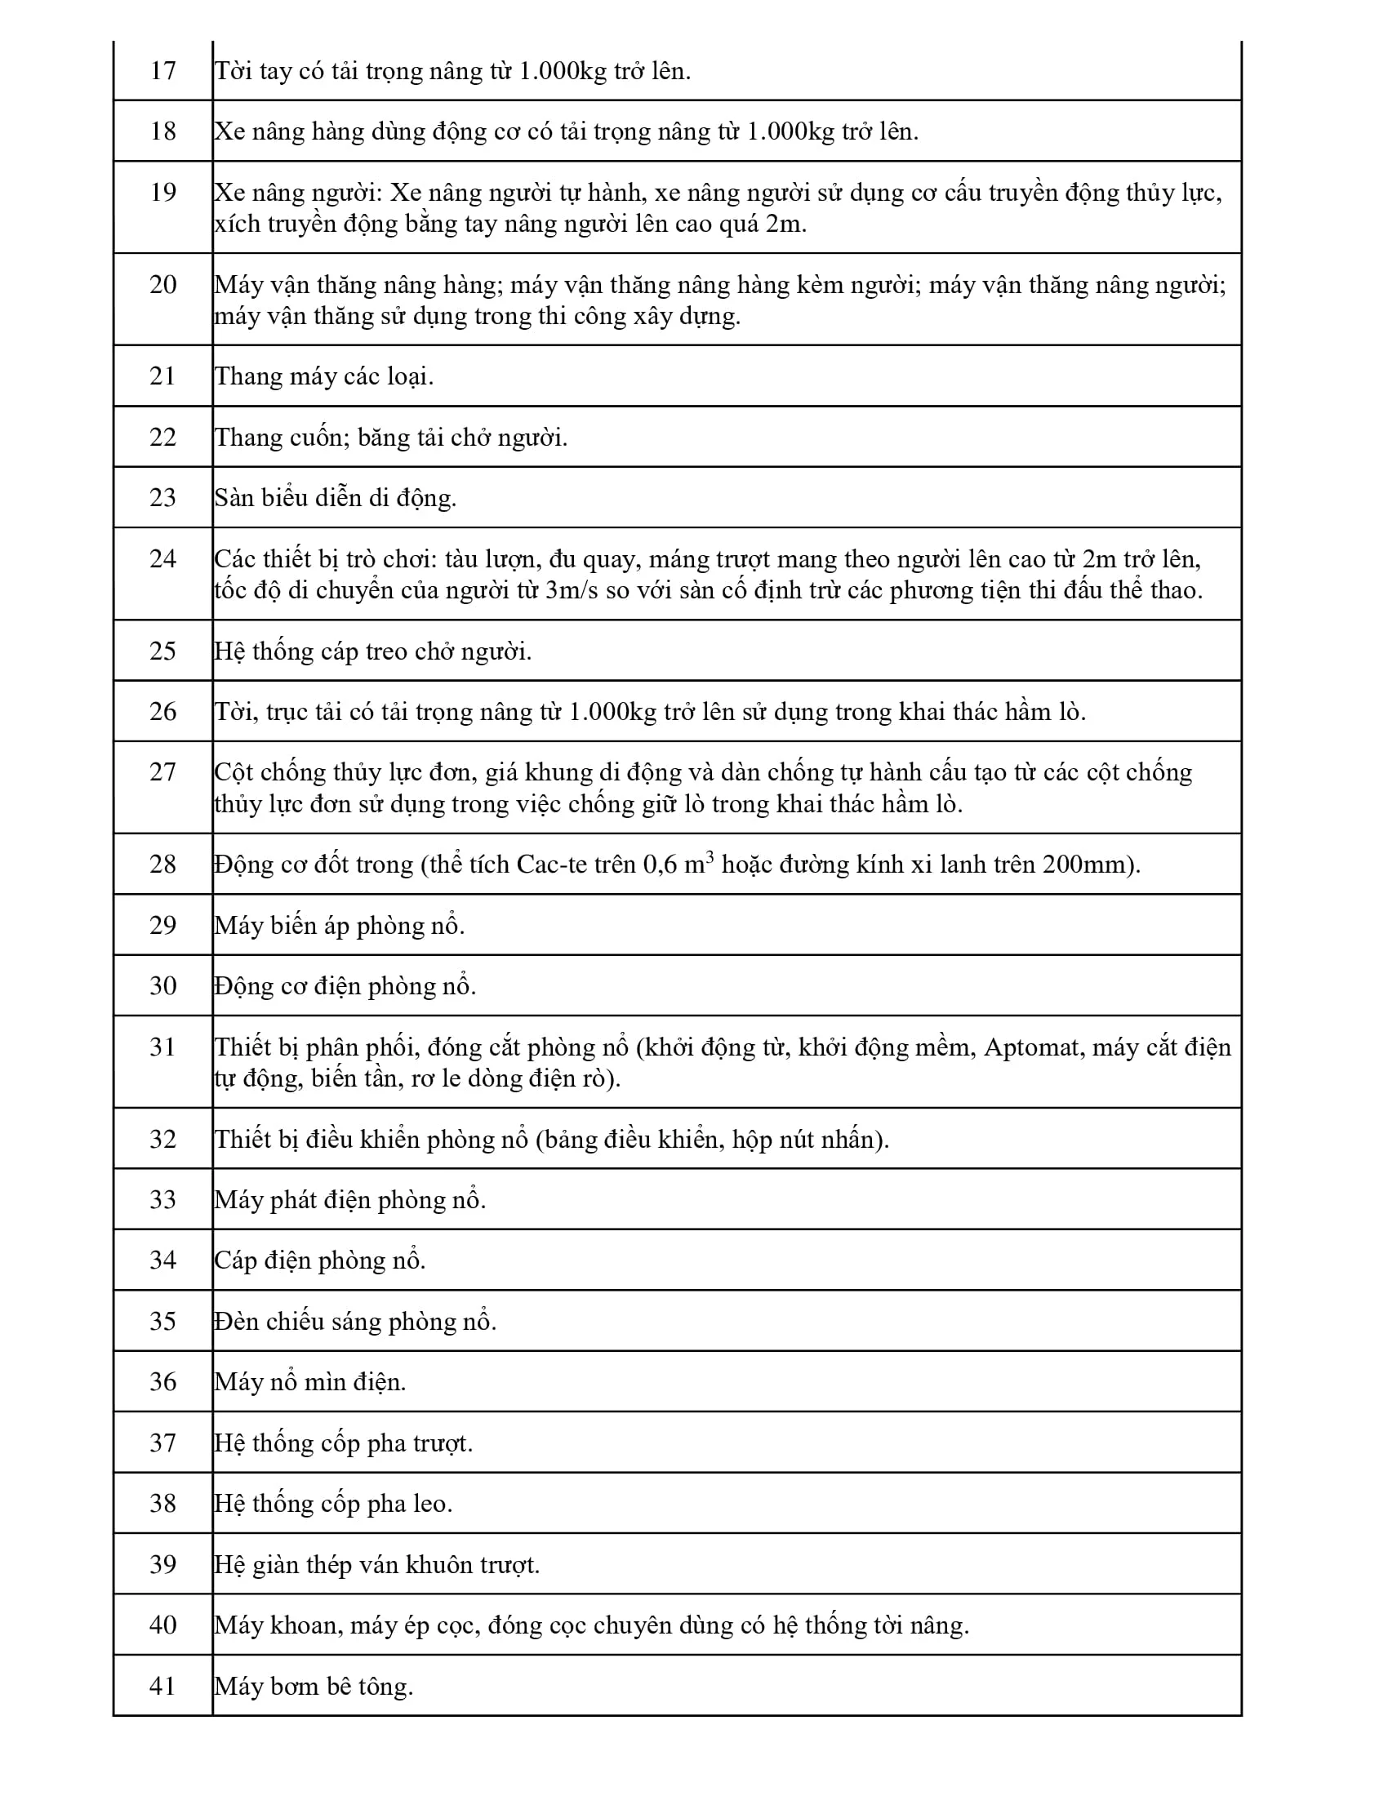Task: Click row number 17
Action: [162, 71]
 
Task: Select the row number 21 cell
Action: [162, 376]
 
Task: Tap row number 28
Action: [162, 864]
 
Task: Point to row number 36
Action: [162, 1381]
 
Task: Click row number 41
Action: [162, 1687]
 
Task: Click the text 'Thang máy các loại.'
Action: [324, 376]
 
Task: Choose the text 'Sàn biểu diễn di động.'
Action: [336, 498]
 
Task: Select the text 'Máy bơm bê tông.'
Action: [314, 1687]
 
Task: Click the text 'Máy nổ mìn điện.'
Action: [311, 1382]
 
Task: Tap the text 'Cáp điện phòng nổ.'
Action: [321, 1260]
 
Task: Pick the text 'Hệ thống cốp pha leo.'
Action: [334, 1504]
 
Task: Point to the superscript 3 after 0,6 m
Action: [710, 856]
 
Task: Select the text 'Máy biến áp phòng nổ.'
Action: [340, 926]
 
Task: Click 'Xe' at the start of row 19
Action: [229, 193]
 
